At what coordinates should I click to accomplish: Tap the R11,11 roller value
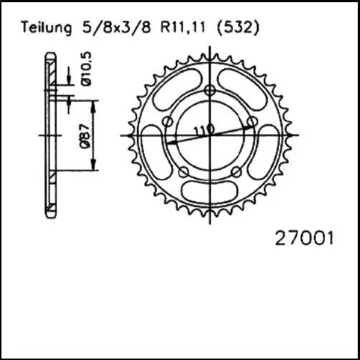(180, 28)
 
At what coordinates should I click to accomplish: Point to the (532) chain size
(237, 28)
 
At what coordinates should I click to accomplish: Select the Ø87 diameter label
(85, 134)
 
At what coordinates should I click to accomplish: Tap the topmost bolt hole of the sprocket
(209, 90)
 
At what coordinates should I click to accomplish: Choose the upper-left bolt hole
(167, 122)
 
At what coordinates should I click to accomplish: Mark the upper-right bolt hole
(252, 122)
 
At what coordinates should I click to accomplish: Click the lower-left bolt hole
(184, 171)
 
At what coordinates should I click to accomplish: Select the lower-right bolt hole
(236, 171)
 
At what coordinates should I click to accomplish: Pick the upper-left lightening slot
(173, 85)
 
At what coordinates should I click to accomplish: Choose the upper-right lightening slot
(246, 85)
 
